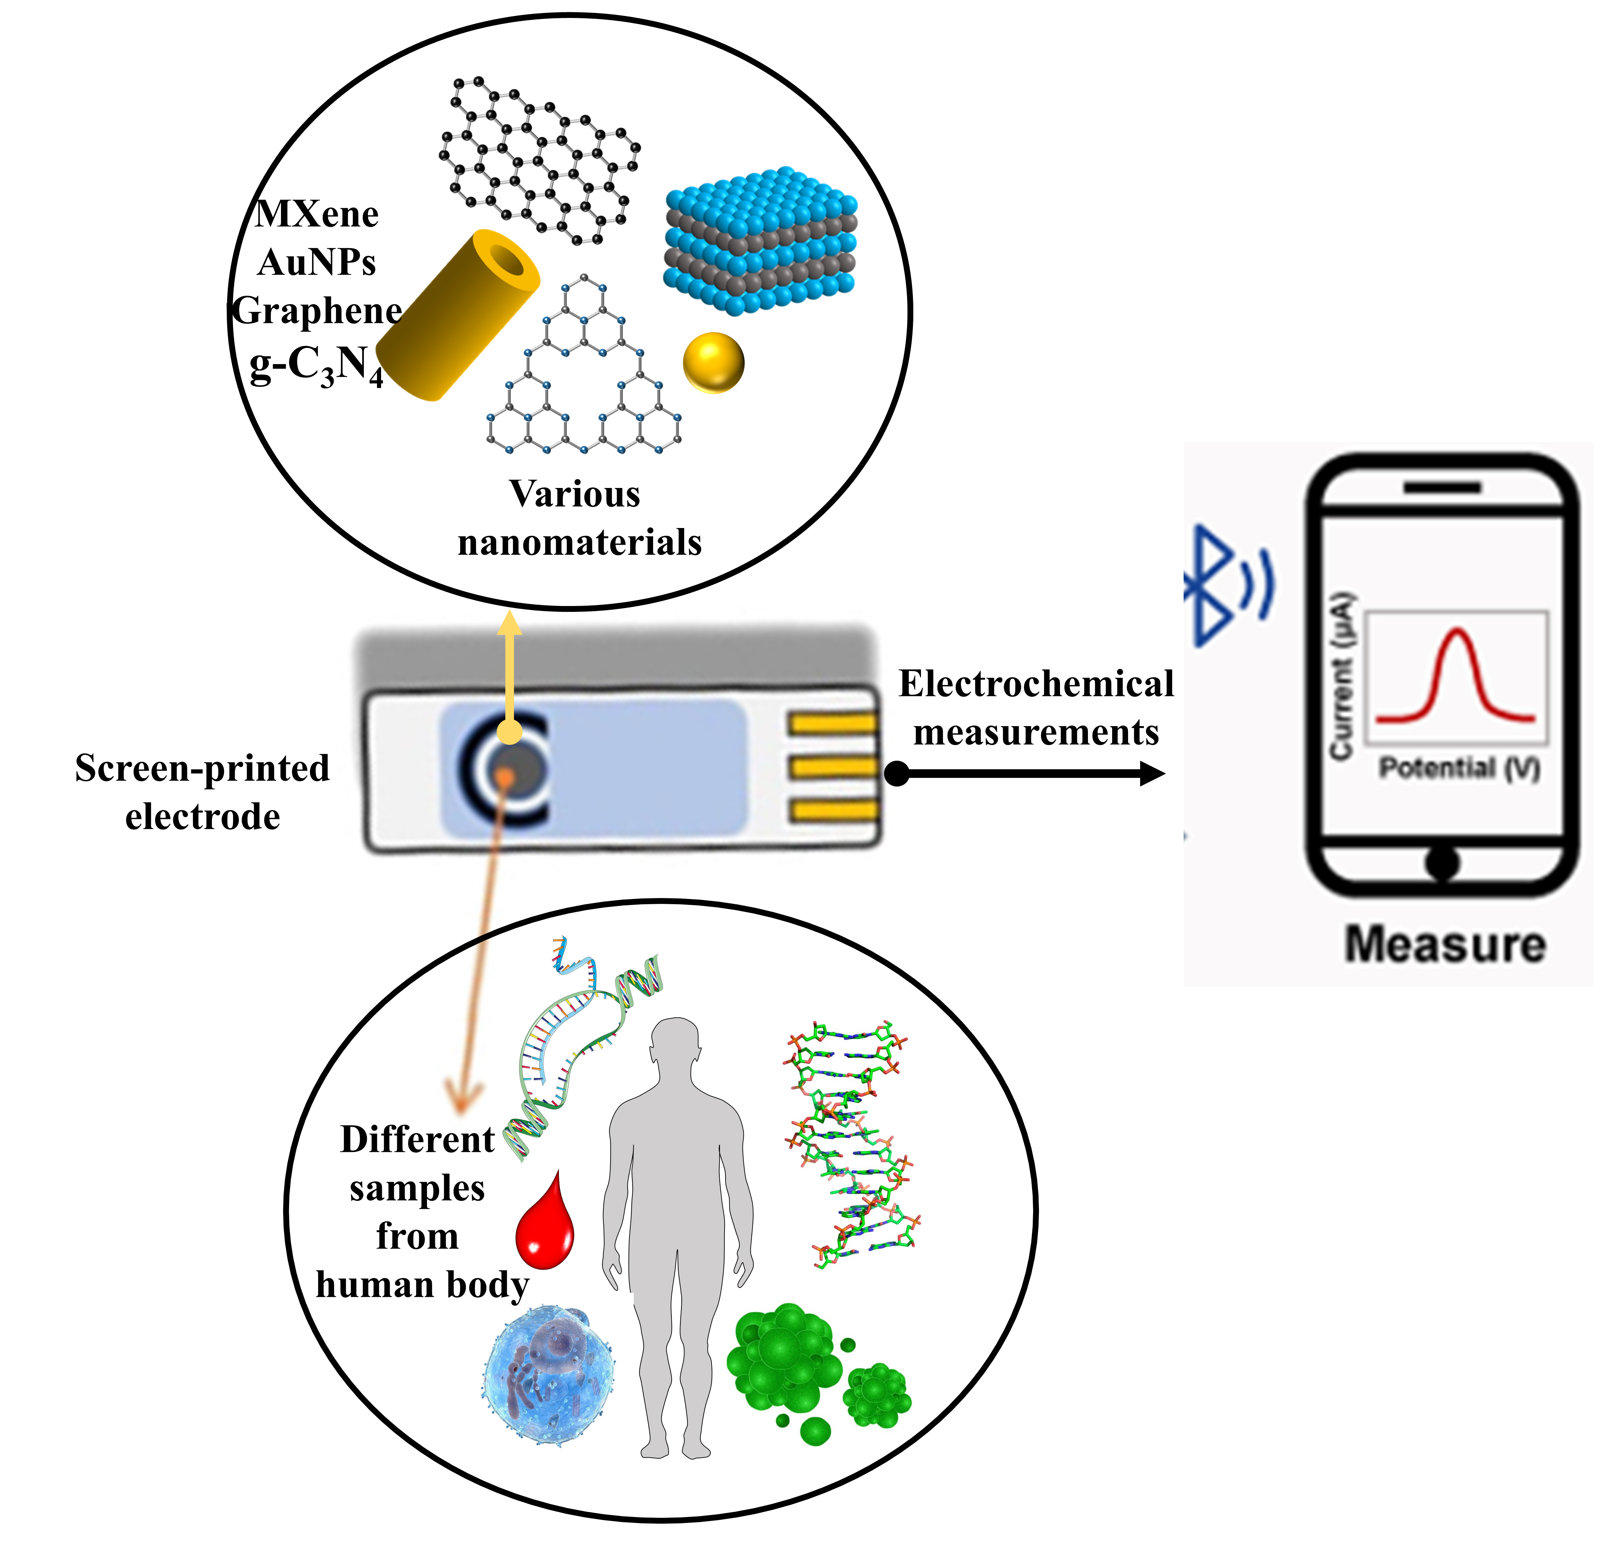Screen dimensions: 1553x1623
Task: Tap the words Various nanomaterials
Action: pyautogui.click(x=578, y=518)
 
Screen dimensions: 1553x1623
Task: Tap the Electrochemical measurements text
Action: pyautogui.click(x=1036, y=709)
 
